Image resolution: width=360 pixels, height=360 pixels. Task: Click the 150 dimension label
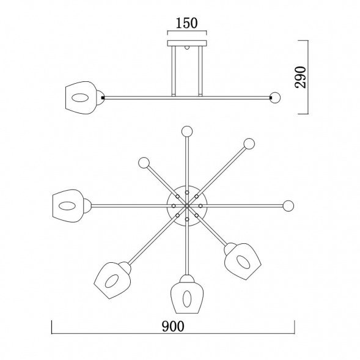pyautogui.click(x=186, y=23)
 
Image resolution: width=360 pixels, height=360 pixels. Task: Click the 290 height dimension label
pyautogui.click(x=301, y=77)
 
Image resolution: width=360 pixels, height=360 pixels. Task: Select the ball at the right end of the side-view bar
pyautogui.click(x=275, y=97)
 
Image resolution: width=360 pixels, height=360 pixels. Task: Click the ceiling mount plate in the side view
pyautogui.click(x=187, y=43)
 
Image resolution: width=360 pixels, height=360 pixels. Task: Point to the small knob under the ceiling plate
pyautogui.click(x=187, y=48)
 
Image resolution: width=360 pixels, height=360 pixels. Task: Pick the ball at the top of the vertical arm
pyautogui.click(x=187, y=131)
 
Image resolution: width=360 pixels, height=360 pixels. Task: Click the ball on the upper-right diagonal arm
pyautogui.click(x=249, y=144)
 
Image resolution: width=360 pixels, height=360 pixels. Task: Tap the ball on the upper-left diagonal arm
pyautogui.click(x=144, y=163)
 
